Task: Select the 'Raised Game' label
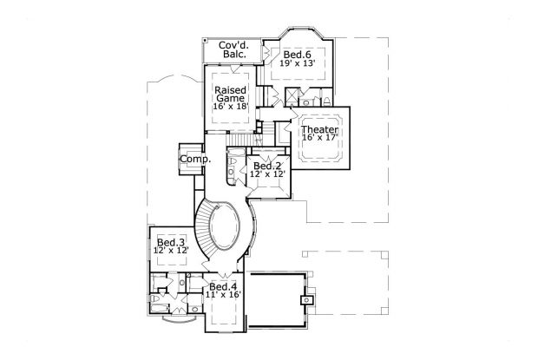[230, 94]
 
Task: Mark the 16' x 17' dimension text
[319, 138]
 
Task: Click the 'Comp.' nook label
[192, 160]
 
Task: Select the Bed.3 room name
[170, 241]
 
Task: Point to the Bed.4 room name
[222, 286]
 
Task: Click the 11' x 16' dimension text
[222, 296]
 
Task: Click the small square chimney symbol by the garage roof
[305, 300]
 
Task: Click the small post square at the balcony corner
[203, 40]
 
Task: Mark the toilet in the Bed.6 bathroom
[315, 97]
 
